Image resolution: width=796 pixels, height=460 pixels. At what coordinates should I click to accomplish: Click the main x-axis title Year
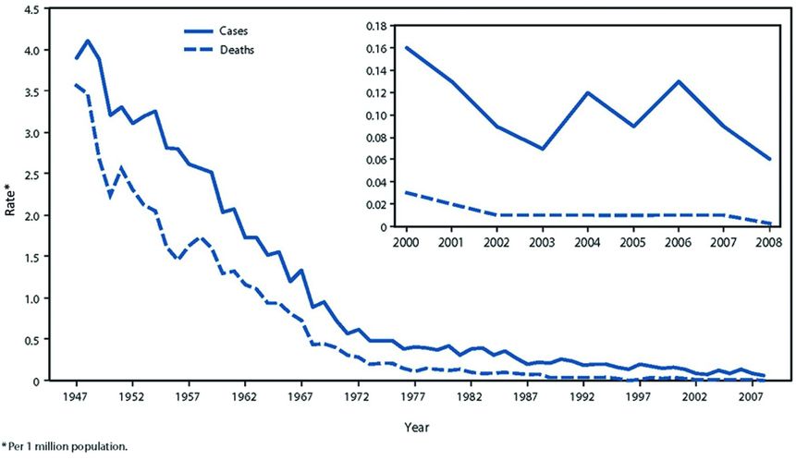417,428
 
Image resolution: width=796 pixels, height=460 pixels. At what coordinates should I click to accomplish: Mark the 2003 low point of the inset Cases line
542,149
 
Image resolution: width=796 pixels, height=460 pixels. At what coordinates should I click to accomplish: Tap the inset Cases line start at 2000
405,47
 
